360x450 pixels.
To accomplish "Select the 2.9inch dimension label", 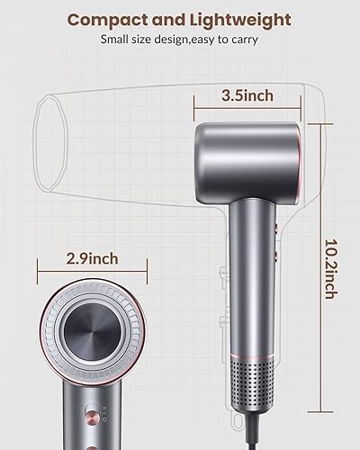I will [x=91, y=259].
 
